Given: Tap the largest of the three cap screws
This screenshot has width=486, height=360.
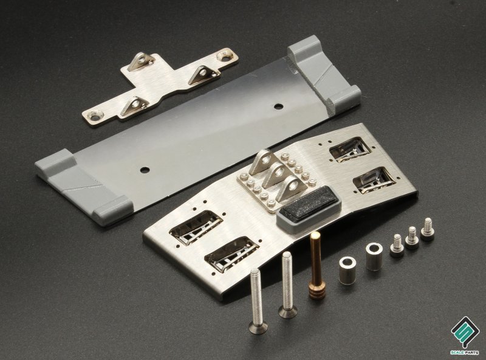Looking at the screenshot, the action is click(428, 230).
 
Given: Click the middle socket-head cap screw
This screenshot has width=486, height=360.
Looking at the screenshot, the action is click(412, 238).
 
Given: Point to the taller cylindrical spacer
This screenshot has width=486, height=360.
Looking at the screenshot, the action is click(374, 257).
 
